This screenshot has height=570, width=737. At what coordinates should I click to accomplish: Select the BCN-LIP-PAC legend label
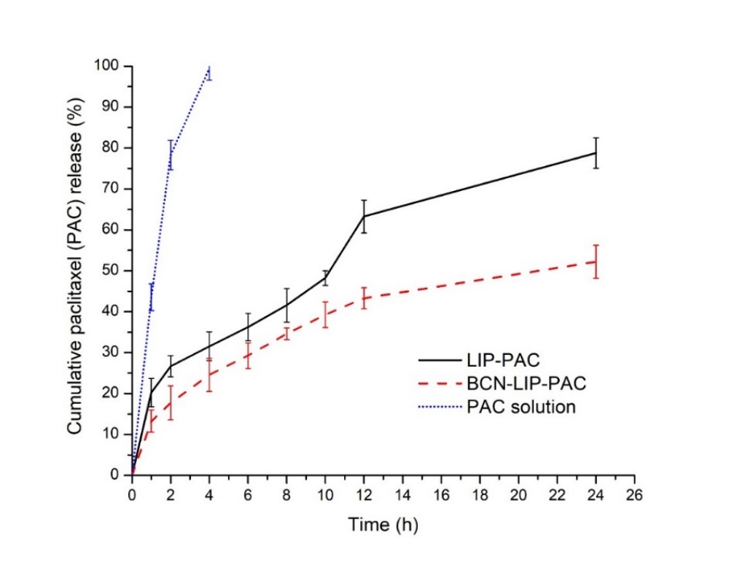[520, 383]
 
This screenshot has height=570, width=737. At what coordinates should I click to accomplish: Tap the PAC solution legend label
[520, 406]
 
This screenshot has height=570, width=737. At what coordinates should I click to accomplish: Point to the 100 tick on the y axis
[109, 66]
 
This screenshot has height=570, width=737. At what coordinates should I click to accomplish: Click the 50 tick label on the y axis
[112, 270]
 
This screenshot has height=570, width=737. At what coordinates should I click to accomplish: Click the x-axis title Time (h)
[383, 523]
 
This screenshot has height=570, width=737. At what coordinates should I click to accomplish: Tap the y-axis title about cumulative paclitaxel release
[76, 270]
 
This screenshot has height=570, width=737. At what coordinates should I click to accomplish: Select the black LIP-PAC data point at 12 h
[364, 216]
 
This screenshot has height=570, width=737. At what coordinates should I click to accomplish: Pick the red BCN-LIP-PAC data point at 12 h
[364, 297]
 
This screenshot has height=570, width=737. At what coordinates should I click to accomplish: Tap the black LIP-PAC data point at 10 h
[325, 277]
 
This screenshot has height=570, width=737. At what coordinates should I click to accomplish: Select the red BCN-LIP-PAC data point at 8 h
[286, 335]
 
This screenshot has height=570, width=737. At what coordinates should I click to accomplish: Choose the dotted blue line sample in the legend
[440, 406]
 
